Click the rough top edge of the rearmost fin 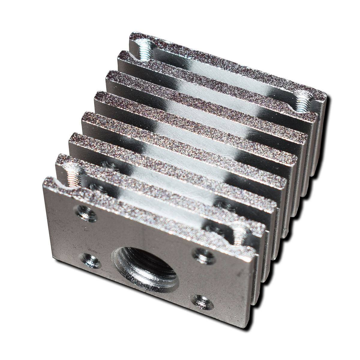(x=225, y=66)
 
